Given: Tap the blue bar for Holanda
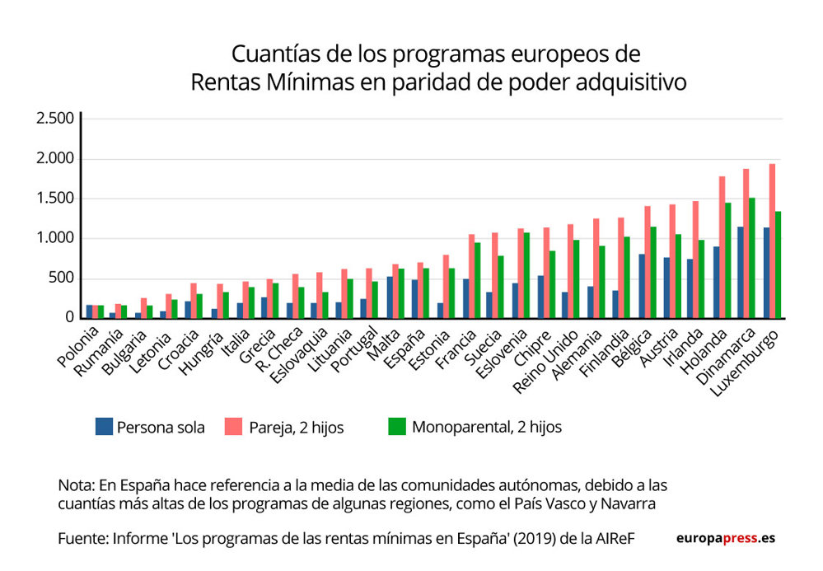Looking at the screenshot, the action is click(x=716, y=282).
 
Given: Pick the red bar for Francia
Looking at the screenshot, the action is click(x=471, y=276).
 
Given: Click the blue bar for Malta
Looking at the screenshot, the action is click(x=390, y=297).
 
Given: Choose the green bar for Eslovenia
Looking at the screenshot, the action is click(x=527, y=275).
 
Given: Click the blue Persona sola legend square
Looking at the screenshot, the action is click(x=104, y=427).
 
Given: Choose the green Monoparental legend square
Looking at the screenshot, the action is click(x=397, y=427).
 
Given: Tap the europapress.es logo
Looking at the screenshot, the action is click(x=725, y=538).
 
